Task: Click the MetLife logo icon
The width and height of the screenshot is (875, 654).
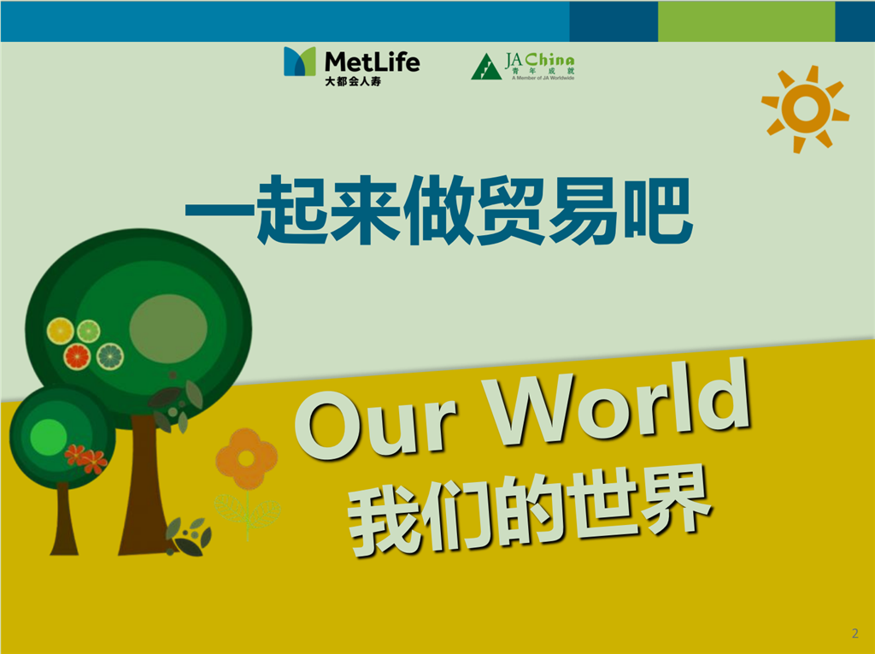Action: coord(300,61)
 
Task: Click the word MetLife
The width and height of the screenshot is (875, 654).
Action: coord(372,62)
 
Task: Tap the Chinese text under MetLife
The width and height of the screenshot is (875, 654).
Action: coord(353,81)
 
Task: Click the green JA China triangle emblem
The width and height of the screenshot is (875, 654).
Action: coord(485,67)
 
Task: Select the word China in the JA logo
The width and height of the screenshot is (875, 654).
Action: coord(549,60)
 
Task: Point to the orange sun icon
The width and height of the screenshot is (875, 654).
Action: coord(805,109)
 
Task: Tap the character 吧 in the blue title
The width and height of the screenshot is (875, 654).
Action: coord(659,211)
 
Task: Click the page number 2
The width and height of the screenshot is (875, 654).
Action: coord(854,633)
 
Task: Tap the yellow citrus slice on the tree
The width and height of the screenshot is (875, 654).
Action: coord(61,331)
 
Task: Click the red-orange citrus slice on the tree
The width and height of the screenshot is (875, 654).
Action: coord(77,356)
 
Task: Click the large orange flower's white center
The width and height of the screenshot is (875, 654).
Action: coord(246,458)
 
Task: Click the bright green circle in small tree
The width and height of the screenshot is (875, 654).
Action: coord(49,437)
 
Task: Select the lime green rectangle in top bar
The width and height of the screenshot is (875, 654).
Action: coord(746,21)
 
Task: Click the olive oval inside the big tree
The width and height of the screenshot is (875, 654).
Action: coord(168,328)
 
